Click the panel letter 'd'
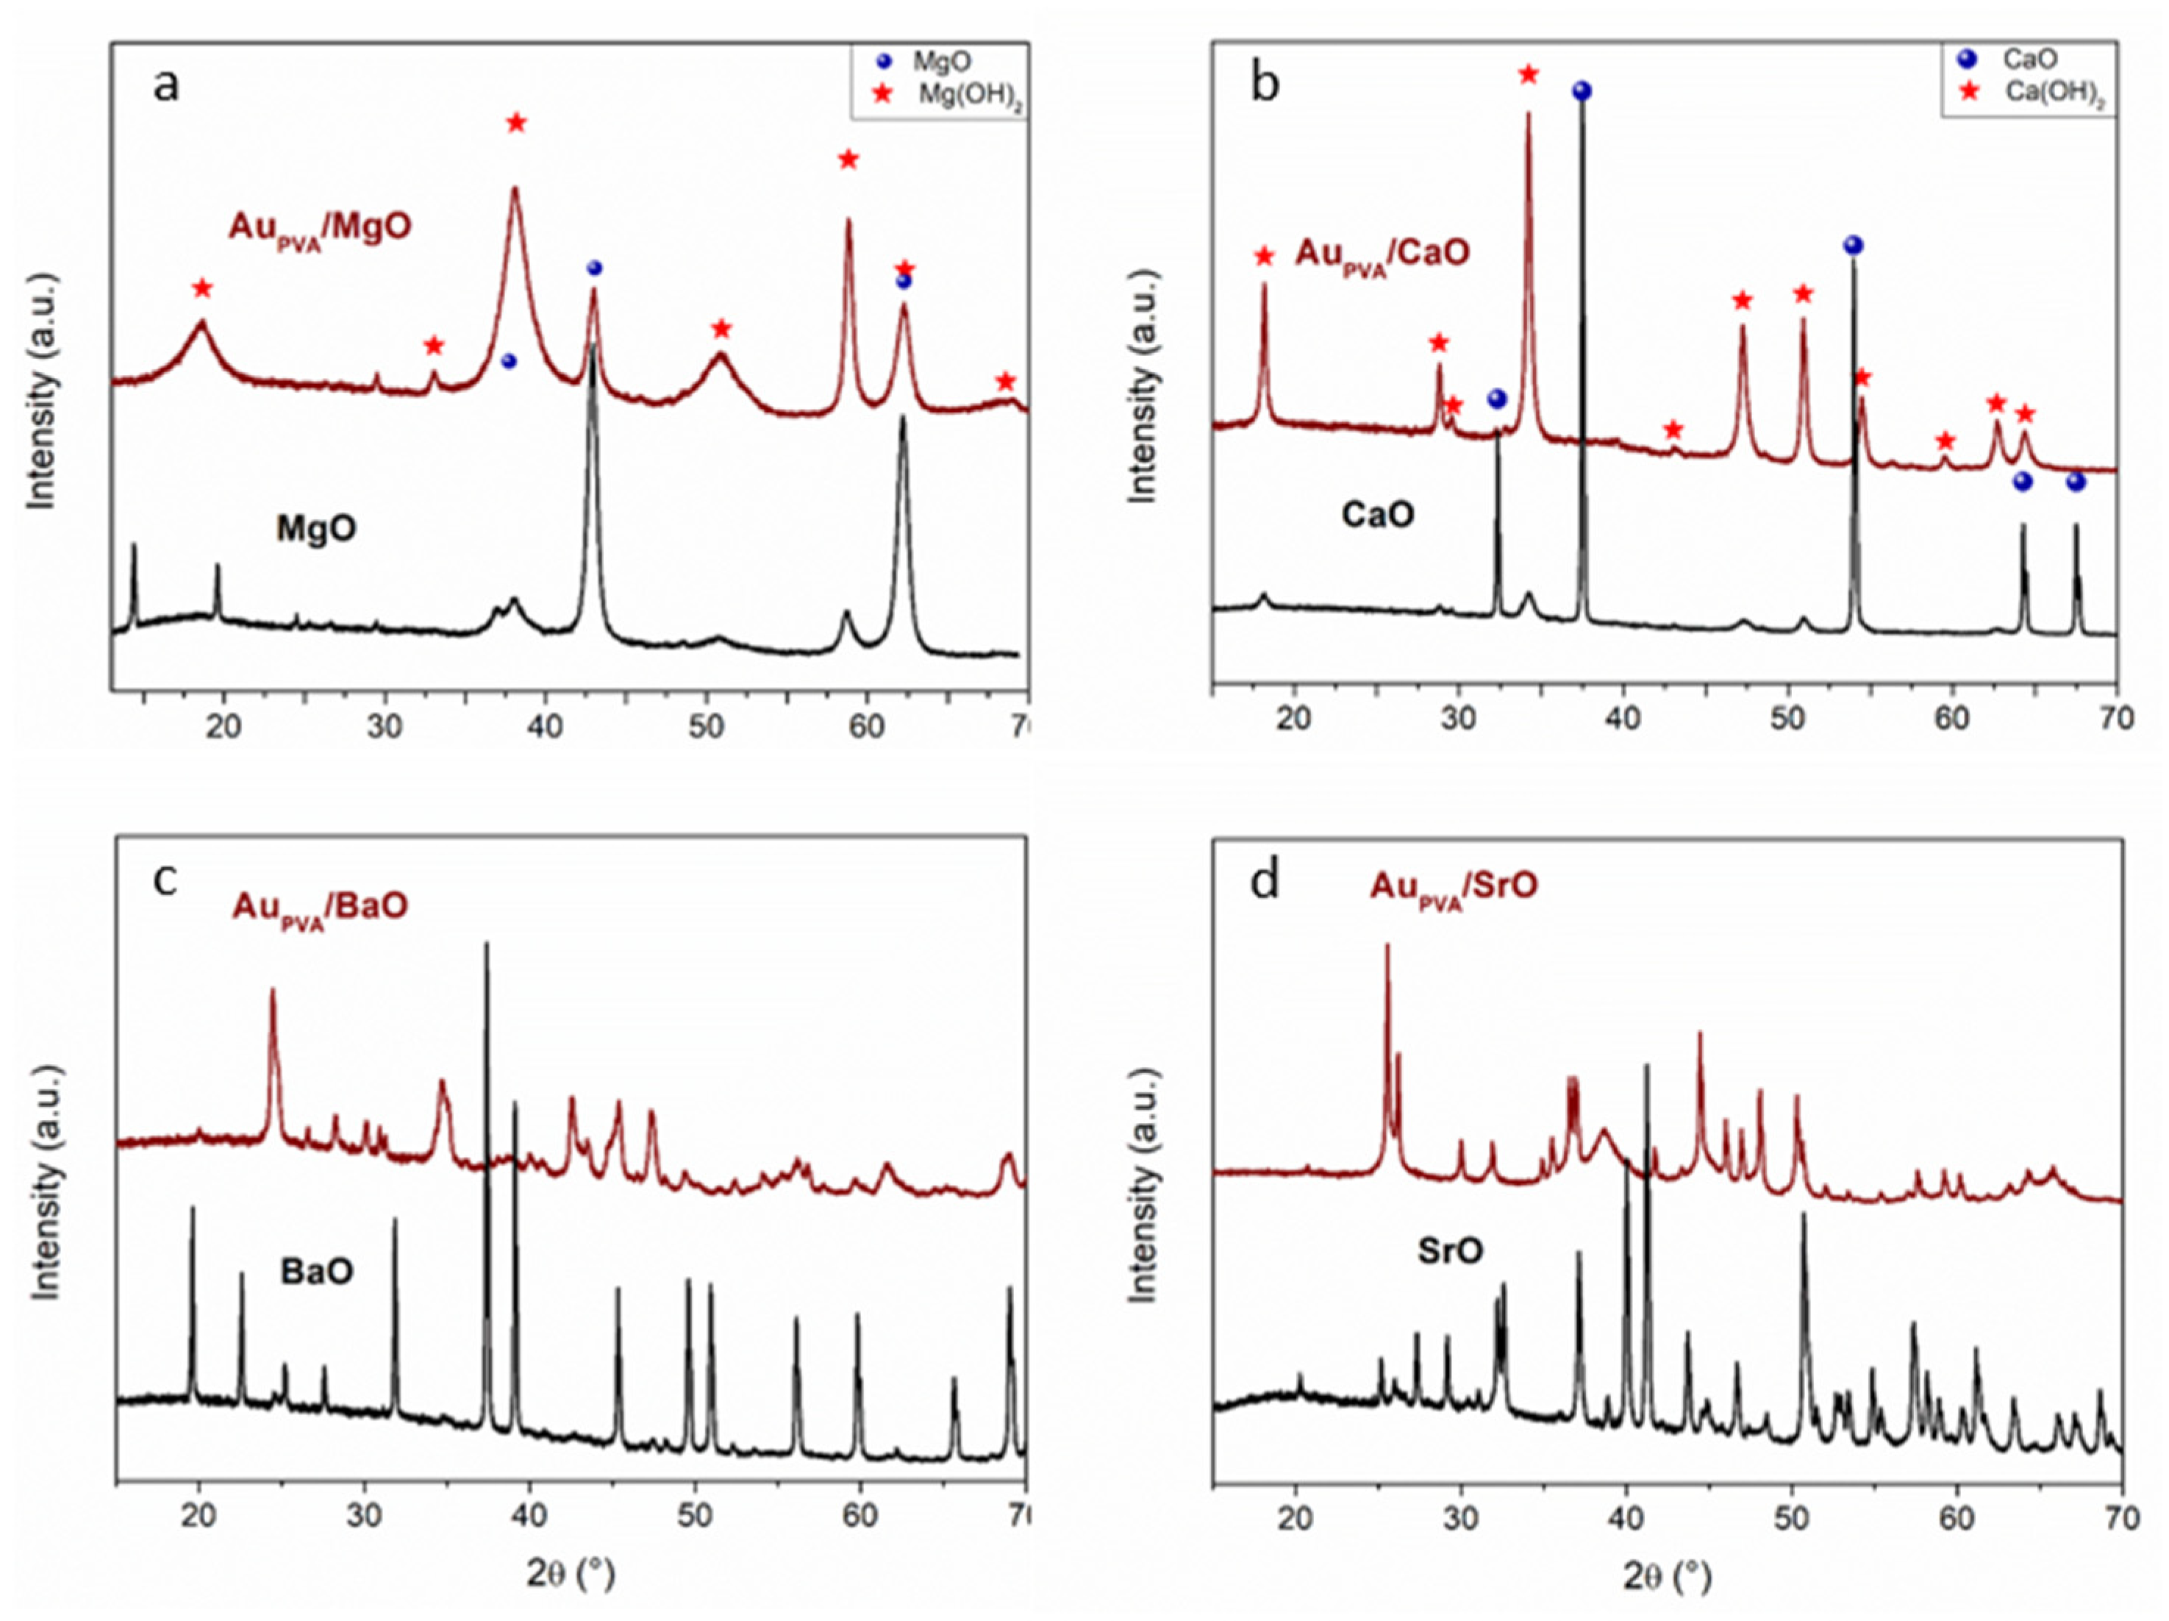1265,880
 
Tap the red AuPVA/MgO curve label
320,227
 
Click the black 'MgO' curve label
315,530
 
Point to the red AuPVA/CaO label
1382,254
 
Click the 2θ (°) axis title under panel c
571,1575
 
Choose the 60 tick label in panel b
1951,718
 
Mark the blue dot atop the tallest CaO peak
1582,91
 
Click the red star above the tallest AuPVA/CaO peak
1528,74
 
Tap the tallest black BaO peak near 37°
486,947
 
